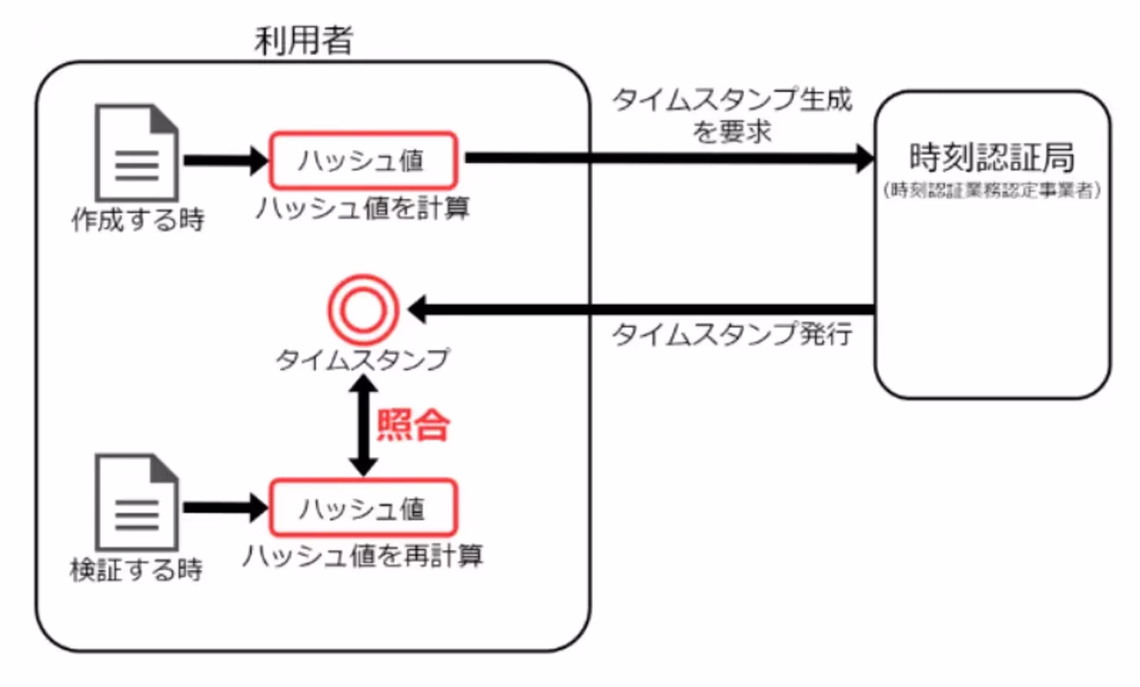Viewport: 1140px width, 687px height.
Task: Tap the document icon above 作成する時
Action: pos(137,152)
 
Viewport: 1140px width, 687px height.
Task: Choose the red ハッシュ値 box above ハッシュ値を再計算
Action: pos(363,508)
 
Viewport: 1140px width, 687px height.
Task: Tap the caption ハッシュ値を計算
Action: pos(362,209)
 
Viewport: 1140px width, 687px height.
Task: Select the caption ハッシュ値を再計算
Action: pos(363,556)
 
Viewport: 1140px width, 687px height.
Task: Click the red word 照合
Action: pos(413,425)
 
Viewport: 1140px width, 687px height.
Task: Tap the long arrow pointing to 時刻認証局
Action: pos(668,160)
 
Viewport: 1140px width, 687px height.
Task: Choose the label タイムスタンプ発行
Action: pos(732,336)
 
